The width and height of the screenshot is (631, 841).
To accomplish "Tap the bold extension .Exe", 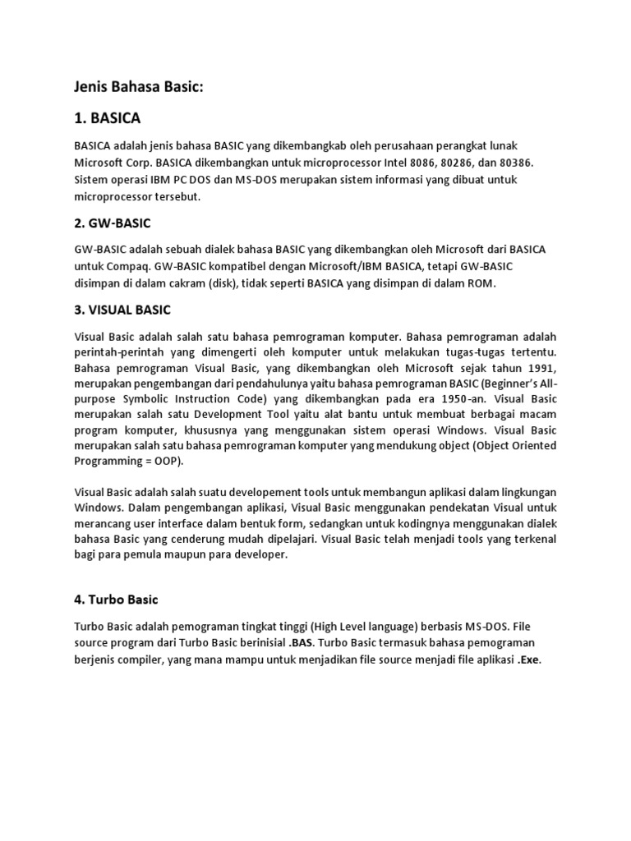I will [529, 660].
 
